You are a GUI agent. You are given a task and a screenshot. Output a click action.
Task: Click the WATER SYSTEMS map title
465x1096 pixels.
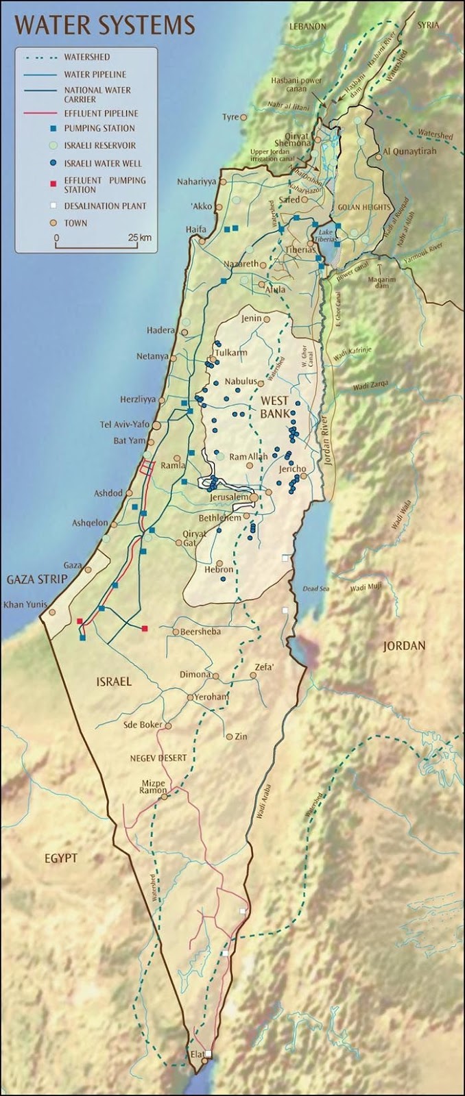[x=105, y=25]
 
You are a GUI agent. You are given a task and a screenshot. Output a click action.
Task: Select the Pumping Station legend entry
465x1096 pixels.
[x=99, y=128]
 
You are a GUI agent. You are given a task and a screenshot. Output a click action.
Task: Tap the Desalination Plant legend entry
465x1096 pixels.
[x=105, y=206]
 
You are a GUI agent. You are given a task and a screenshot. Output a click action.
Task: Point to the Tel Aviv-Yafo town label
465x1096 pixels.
[x=124, y=425]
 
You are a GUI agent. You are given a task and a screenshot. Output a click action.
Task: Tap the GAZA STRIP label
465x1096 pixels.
[x=37, y=580]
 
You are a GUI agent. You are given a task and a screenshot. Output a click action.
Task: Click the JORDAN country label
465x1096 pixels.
[x=404, y=645]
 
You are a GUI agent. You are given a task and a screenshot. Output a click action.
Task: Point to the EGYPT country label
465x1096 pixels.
[x=62, y=858]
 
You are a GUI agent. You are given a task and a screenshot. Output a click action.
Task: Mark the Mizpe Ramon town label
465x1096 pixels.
[x=154, y=786]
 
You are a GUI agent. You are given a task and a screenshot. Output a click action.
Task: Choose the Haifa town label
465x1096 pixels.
[x=195, y=229]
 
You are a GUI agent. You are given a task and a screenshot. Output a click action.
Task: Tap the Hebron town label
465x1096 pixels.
[x=219, y=569]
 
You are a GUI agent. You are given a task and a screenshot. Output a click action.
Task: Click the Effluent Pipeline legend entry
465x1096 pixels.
[x=101, y=113]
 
